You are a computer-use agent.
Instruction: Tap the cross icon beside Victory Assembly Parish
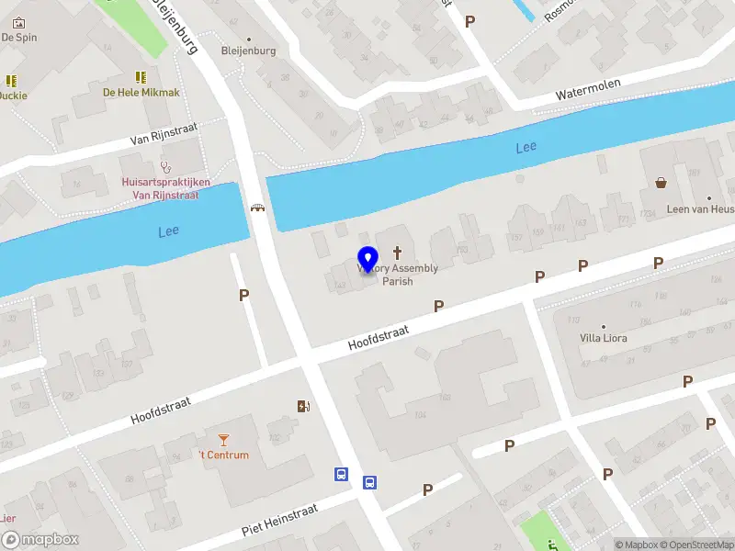pos(398,252)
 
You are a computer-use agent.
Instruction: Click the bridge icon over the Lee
pos(258,208)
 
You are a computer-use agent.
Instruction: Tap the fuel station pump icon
pos(303,406)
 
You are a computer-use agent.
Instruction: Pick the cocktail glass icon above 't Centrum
pos(223,440)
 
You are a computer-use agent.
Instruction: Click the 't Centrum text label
pos(223,455)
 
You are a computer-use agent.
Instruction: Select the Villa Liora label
pos(604,338)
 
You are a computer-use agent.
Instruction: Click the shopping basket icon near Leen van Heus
pos(661,182)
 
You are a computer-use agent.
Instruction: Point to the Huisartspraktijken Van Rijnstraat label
pos(165,188)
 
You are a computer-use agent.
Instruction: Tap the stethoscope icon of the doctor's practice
pos(165,167)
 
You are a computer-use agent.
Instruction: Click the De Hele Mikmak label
pos(141,93)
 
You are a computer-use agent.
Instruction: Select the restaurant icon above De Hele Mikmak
pos(141,77)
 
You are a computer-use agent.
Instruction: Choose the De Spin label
pos(17,38)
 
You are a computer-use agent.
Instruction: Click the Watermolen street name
pos(588,89)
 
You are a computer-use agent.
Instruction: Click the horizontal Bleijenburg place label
pos(248,51)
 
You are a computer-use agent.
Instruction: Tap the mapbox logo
pos(40,540)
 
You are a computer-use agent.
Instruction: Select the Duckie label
pos(13,96)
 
